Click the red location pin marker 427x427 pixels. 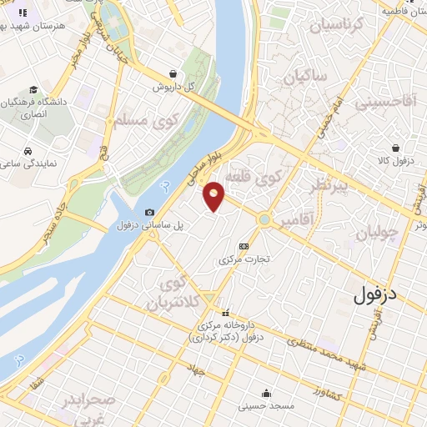coord(214,196)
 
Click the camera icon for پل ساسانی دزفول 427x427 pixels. coord(149,212)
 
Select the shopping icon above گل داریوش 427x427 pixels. coord(172,73)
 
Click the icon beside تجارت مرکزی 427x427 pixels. coord(244,247)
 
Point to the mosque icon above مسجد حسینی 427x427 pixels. coord(266,394)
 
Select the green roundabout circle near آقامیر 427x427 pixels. coord(264,220)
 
